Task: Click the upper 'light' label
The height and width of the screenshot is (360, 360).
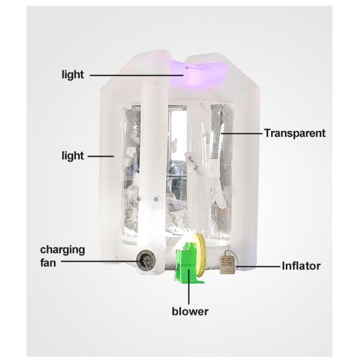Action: pyautogui.click(x=73, y=75)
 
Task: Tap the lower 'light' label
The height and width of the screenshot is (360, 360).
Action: pyautogui.click(x=73, y=156)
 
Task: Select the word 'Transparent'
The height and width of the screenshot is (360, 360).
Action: pyautogui.click(x=295, y=133)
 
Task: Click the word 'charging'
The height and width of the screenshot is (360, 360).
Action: pyautogui.click(x=62, y=250)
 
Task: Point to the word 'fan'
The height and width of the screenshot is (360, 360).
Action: pyautogui.click(x=48, y=262)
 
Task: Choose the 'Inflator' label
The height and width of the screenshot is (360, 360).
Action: pyautogui.click(x=301, y=266)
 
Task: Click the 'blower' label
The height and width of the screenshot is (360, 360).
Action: pyautogui.click(x=190, y=311)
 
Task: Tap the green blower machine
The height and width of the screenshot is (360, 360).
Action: pyautogui.click(x=187, y=264)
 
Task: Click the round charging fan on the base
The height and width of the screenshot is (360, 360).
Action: pyautogui.click(x=146, y=261)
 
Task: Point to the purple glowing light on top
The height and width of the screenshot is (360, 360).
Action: pyautogui.click(x=197, y=73)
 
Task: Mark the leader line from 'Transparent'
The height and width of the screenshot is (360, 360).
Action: pyautogui.click(x=242, y=133)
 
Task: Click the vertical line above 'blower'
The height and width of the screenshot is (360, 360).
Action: pyautogui.click(x=189, y=287)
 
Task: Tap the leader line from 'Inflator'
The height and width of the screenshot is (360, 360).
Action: pyautogui.click(x=259, y=266)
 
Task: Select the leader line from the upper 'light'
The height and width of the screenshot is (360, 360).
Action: pyautogui.click(x=136, y=75)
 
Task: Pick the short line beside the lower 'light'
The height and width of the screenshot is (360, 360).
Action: pyautogui.click(x=101, y=156)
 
